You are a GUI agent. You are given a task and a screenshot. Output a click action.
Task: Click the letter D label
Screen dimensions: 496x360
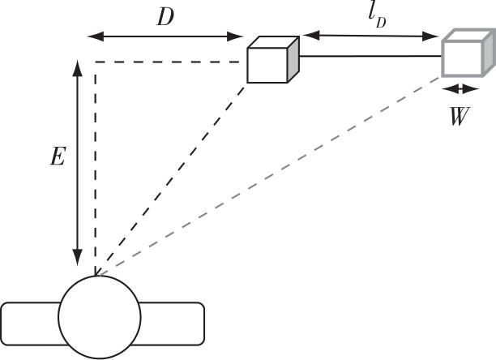[x=165, y=17]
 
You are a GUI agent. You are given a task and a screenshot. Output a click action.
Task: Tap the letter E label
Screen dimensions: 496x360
[x=58, y=156]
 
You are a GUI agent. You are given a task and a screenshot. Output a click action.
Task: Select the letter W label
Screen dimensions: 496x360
[x=460, y=116]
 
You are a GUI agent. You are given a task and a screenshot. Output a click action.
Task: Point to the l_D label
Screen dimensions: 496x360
[x=377, y=18]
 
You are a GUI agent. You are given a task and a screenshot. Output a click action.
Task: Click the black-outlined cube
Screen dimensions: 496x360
[x=272, y=60]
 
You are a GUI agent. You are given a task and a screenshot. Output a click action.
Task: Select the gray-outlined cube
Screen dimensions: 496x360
[x=468, y=53]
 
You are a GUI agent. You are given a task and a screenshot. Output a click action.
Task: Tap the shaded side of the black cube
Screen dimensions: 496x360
[x=293, y=60]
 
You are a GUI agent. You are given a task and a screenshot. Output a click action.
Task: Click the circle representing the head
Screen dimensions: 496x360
[x=100, y=317]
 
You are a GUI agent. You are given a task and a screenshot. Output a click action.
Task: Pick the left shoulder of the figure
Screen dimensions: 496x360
[x=31, y=324]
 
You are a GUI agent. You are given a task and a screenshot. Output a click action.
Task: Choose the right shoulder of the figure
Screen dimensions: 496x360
[x=172, y=324]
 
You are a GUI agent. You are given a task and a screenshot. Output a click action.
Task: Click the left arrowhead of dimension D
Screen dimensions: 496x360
[x=95, y=36]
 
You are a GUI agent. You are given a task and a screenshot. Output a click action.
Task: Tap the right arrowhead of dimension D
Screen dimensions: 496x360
[x=235, y=36]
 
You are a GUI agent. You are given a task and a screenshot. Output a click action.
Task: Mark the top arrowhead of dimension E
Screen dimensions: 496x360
[x=78, y=67]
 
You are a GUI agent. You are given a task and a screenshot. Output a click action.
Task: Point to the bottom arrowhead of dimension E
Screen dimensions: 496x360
[x=78, y=258]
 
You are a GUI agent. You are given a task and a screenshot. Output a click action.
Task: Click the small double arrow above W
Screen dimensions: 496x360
[x=460, y=89]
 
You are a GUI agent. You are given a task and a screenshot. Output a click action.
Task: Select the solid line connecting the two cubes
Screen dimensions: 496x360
[x=370, y=56]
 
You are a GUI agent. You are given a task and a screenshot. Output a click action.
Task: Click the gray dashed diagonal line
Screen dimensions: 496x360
[x=269, y=176]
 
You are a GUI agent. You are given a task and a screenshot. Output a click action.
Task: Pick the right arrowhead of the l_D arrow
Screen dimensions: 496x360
[x=430, y=36]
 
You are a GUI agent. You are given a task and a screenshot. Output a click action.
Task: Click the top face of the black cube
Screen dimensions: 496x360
[x=273, y=42]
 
